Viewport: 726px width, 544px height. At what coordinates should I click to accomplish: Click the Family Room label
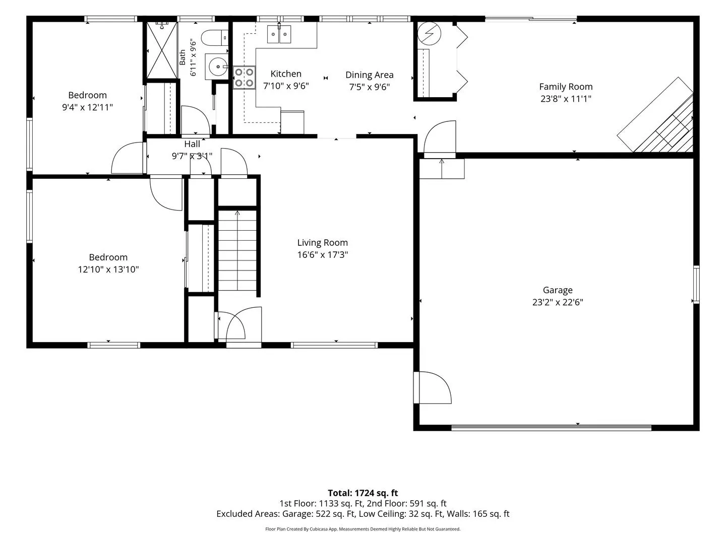pos(566,87)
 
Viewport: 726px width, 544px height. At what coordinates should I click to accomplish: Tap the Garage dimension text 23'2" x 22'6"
pos(558,302)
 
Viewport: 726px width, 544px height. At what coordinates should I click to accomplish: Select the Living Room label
pos(323,243)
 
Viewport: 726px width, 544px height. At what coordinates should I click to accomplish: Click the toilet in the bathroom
pos(215,38)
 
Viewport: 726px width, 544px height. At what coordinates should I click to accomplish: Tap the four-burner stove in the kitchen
pos(244,78)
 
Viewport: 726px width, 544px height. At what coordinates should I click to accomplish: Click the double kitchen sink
pos(279,34)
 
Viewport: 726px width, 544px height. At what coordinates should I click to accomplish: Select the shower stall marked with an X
pos(162,50)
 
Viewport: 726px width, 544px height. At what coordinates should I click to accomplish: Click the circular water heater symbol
pos(429,33)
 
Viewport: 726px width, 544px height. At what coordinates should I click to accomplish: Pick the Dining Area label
pos(370,75)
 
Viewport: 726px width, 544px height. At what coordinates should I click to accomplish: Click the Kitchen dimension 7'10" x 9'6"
pos(286,86)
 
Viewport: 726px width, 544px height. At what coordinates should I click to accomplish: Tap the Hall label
pos(192,144)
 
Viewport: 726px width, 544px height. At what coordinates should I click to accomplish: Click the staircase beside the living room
pos(237,250)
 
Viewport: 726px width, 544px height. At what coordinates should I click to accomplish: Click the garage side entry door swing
pos(433,387)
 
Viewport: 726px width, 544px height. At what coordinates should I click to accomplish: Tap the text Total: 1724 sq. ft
pos(363,493)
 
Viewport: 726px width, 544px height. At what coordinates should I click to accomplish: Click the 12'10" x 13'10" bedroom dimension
pos(108,269)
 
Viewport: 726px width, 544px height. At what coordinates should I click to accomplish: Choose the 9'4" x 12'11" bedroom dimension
pos(88,107)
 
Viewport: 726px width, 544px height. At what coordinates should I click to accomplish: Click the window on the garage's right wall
pos(696,285)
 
